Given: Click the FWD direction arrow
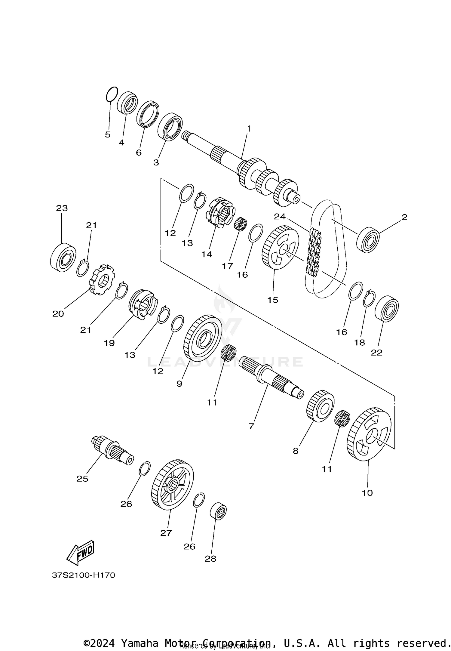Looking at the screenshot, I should (x=80, y=553).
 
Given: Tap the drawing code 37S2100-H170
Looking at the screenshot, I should (x=84, y=575).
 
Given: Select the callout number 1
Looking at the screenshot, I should (x=248, y=129).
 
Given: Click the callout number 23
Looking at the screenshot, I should (x=62, y=208).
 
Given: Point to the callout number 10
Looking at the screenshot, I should (x=367, y=493).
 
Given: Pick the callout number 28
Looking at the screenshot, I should (x=210, y=559).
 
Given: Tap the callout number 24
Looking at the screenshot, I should (x=280, y=217).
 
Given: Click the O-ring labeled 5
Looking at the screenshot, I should (x=112, y=94).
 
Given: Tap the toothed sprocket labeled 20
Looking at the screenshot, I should (x=101, y=280).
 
